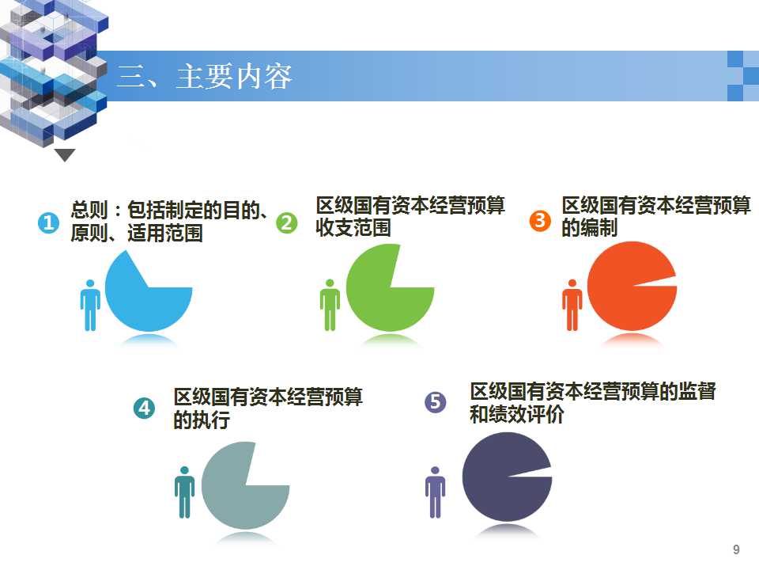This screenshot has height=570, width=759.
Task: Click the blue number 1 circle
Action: coord(48,223)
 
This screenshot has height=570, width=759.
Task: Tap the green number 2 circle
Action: coord(286,223)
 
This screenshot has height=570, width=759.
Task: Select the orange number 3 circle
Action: coord(540,221)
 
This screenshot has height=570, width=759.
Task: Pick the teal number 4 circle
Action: coord(144,408)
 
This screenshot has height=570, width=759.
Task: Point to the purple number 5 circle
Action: coord(435,402)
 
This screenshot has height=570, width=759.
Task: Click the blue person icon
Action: coord(90,306)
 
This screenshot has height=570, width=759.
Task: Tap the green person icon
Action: coord(330,306)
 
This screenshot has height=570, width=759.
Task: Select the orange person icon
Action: coord(572,306)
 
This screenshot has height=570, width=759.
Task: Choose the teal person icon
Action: coord(184,492)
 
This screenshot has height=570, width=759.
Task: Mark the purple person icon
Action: coord(435,492)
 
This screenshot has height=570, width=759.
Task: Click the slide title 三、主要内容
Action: coord(204,77)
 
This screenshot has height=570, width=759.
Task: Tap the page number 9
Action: coord(736,549)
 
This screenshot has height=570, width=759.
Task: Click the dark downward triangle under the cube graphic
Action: coord(65,154)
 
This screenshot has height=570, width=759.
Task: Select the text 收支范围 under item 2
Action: coord(353,228)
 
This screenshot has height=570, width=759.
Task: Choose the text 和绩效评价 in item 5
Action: coord(517,414)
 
